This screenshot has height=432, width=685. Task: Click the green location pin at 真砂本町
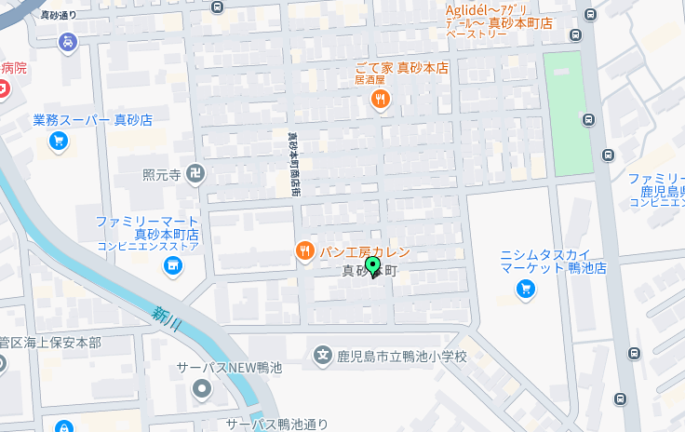tap(373, 267)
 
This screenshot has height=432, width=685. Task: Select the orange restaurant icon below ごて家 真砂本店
tap(380, 101)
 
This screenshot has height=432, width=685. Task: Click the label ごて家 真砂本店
tap(401, 68)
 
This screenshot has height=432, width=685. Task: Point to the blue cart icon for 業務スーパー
tap(59, 141)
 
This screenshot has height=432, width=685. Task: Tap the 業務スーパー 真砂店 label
tap(92, 120)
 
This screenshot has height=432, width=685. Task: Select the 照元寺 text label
tap(161, 174)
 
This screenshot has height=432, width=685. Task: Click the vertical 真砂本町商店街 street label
tap(294, 163)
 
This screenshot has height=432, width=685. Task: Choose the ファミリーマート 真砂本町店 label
tap(148, 228)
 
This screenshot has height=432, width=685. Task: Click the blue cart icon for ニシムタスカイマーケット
tap(526, 290)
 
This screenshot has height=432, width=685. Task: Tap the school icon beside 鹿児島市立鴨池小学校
tap(323, 354)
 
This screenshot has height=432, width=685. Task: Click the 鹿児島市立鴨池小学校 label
tap(401, 356)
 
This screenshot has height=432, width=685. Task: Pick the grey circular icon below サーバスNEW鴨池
tap(202, 389)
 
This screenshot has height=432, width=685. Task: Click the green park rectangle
tap(568, 113)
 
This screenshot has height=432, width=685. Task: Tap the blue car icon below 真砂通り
tap(67, 42)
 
